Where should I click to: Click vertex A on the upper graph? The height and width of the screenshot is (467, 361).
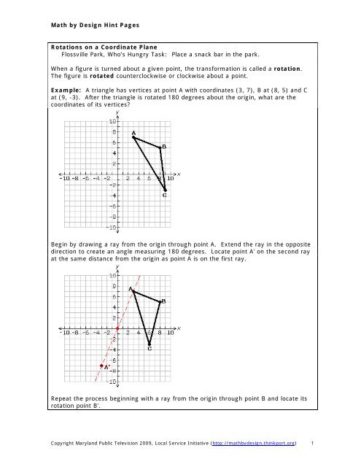[x=133, y=137]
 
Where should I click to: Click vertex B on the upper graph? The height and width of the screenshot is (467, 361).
[x=160, y=147]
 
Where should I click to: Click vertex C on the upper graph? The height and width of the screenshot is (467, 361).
[x=165, y=190]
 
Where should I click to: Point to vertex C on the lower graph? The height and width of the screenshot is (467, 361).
[x=149, y=344]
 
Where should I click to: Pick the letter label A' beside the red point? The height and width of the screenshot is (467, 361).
[x=108, y=369]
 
